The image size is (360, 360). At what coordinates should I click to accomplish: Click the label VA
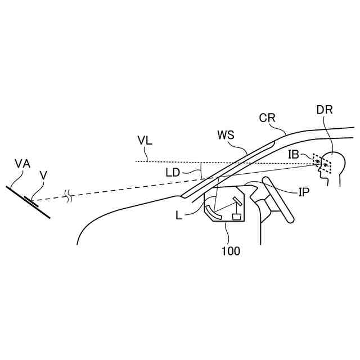click(x=22, y=164)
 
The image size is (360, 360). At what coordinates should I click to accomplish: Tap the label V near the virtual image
click(x=43, y=176)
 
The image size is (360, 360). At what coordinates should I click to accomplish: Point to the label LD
click(x=173, y=172)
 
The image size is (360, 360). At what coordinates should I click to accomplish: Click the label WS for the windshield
click(x=226, y=136)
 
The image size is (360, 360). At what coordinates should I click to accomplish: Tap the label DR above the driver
click(x=325, y=110)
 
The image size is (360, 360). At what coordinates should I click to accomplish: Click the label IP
click(x=304, y=192)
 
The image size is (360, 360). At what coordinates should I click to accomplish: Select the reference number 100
click(x=231, y=250)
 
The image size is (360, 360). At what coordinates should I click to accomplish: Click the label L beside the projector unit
click(x=179, y=214)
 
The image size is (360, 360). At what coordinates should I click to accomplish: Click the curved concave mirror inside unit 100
click(x=210, y=210)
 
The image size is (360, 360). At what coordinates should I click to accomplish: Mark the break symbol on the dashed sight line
click(x=69, y=196)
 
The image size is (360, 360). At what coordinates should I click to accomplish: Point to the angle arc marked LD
click(x=201, y=170)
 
